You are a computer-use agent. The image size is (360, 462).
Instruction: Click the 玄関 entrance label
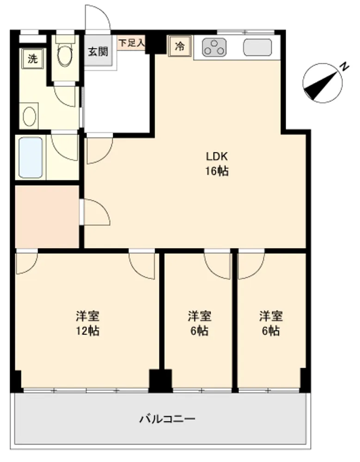click(x=98, y=52)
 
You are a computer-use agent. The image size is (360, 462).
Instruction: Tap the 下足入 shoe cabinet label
click(x=132, y=43)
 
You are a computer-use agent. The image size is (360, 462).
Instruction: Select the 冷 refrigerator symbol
click(x=180, y=46)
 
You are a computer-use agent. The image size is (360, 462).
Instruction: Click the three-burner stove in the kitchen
click(x=214, y=47)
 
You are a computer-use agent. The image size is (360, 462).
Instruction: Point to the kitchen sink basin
click(x=257, y=47)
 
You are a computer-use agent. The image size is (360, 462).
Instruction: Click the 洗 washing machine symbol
click(x=32, y=59)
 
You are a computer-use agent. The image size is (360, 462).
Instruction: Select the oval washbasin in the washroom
click(x=30, y=117)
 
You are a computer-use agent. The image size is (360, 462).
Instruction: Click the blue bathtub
click(x=31, y=158)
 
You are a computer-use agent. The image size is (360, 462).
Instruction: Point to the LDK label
click(x=217, y=156)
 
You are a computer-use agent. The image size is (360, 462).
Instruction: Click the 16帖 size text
click(x=217, y=171)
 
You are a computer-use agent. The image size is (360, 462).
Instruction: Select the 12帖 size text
click(x=88, y=331)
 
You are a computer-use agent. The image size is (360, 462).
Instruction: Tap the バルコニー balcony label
click(x=167, y=419)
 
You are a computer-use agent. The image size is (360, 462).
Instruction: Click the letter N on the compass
click(x=344, y=67)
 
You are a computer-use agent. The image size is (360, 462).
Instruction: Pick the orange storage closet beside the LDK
click(x=47, y=217)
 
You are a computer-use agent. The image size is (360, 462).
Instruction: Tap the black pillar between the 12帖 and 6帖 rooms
click(x=160, y=381)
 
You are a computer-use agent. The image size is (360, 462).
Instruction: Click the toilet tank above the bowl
click(x=65, y=39)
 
